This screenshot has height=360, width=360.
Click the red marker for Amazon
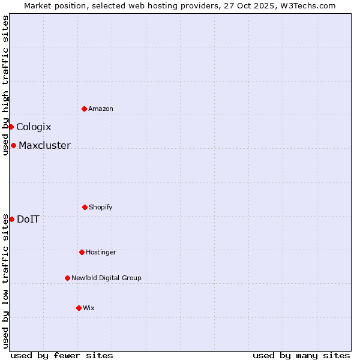(x=84, y=109)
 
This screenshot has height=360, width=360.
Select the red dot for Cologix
(x=11, y=127)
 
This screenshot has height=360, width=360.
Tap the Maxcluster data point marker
(x=13, y=145)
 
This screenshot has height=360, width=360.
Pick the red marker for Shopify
(x=85, y=207)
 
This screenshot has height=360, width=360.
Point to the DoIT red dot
(x=11, y=219)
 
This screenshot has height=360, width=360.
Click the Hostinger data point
(x=82, y=252)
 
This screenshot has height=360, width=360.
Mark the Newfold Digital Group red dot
(x=67, y=278)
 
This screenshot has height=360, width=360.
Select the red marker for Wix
(x=79, y=308)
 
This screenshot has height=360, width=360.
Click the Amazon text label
(x=101, y=109)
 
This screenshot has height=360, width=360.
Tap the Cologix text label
(x=34, y=127)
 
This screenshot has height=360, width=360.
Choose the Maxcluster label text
(x=44, y=145)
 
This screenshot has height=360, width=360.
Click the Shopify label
(x=101, y=207)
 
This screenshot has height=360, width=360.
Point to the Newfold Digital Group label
(x=107, y=278)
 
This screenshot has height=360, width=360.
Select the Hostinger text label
(x=101, y=252)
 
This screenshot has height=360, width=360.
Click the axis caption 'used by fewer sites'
(x=62, y=355)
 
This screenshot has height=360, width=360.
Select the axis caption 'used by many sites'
(x=301, y=355)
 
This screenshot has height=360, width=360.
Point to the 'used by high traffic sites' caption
(x=5, y=85)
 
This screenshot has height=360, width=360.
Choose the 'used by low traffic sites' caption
(x=5, y=281)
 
